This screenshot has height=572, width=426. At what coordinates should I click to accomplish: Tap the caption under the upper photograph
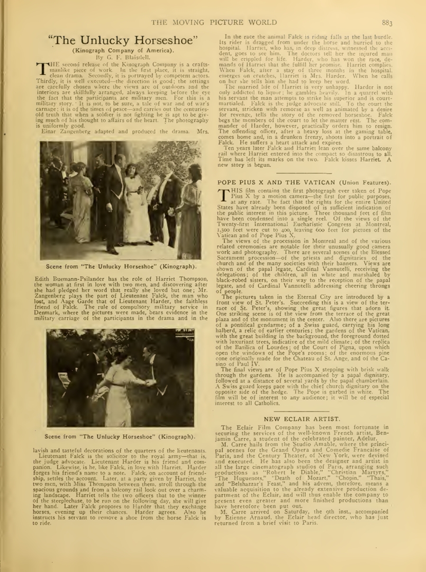click(x=121, y=266)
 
